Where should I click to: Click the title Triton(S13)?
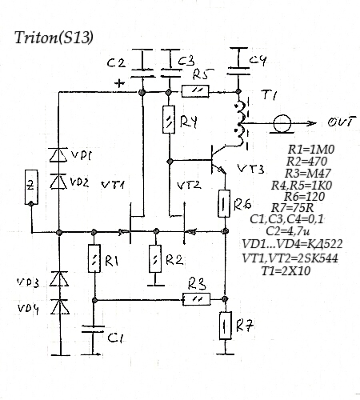coord(54,37)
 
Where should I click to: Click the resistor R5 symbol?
coord(195,91)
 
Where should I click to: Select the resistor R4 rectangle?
coord(169,119)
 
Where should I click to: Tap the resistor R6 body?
coord(224,203)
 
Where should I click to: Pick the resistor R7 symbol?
coord(226,326)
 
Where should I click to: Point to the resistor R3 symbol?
coord(197,299)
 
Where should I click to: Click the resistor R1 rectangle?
coord(94,258)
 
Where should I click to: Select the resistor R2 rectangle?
coord(155,259)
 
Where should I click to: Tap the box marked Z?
coord(31,187)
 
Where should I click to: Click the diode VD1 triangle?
coord(58,155)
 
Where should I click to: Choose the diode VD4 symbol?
coord(60,307)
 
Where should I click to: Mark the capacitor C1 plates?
coord(93,329)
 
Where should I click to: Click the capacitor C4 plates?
coord(238,71)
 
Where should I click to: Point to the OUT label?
coord(342,122)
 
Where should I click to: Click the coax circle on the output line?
coord(282,124)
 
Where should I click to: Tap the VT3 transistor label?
coord(250,169)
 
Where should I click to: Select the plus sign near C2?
coord(119,84)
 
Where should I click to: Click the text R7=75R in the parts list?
coord(292,207)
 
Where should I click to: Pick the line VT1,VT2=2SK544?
coord(290,258)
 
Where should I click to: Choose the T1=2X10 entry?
coord(286,271)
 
